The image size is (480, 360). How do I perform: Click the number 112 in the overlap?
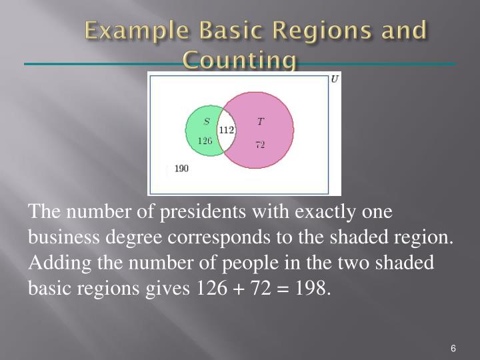227,130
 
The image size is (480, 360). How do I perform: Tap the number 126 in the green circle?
205,141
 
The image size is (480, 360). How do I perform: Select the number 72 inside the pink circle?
260,145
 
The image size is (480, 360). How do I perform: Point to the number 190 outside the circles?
181,169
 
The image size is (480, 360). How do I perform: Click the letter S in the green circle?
207,121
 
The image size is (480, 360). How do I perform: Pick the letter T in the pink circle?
260,121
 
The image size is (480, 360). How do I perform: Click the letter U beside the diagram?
335,79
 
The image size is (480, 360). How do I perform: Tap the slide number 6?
453,349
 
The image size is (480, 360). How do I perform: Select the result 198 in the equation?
314,288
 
